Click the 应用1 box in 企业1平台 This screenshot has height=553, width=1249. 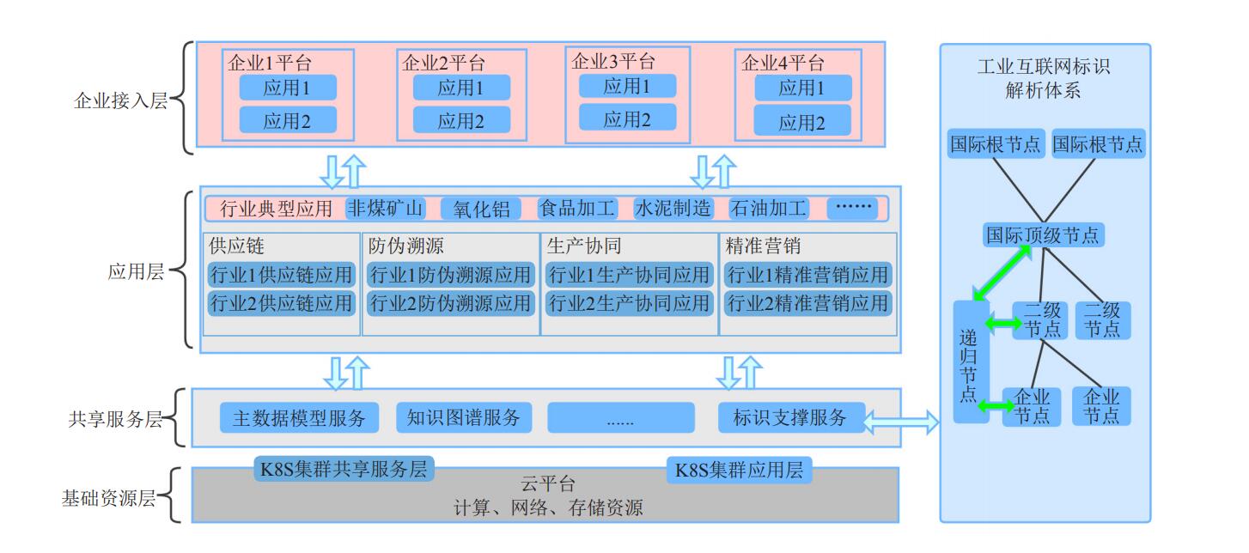pyautogui.click(x=288, y=88)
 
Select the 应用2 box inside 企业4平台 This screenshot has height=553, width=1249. pyautogui.click(x=802, y=122)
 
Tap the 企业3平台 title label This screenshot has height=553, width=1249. pyautogui.click(x=613, y=62)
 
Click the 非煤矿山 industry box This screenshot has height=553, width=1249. pyautogui.click(x=386, y=209)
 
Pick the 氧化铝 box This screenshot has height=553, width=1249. pyautogui.click(x=481, y=209)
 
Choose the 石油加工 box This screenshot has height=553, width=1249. pyautogui.click(x=768, y=209)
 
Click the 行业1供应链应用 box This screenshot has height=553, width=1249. pyautogui.click(x=282, y=275)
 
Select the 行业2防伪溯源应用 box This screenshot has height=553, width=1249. pyautogui.click(x=451, y=303)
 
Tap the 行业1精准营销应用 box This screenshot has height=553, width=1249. pyautogui.click(x=807, y=275)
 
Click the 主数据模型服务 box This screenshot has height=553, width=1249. pyautogui.click(x=300, y=418)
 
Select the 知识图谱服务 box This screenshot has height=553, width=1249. pyautogui.click(x=464, y=418)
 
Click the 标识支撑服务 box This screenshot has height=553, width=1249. pyautogui.click(x=790, y=418)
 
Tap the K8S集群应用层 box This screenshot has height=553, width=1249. pyautogui.click(x=739, y=471)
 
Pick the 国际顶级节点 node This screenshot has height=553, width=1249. pyautogui.click(x=1043, y=234)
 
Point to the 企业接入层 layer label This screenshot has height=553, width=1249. pyautogui.click(x=119, y=100)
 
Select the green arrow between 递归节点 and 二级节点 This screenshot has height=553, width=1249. pyautogui.click(x=1003, y=324)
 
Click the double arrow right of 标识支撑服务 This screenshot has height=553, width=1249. pyautogui.click(x=903, y=421)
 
